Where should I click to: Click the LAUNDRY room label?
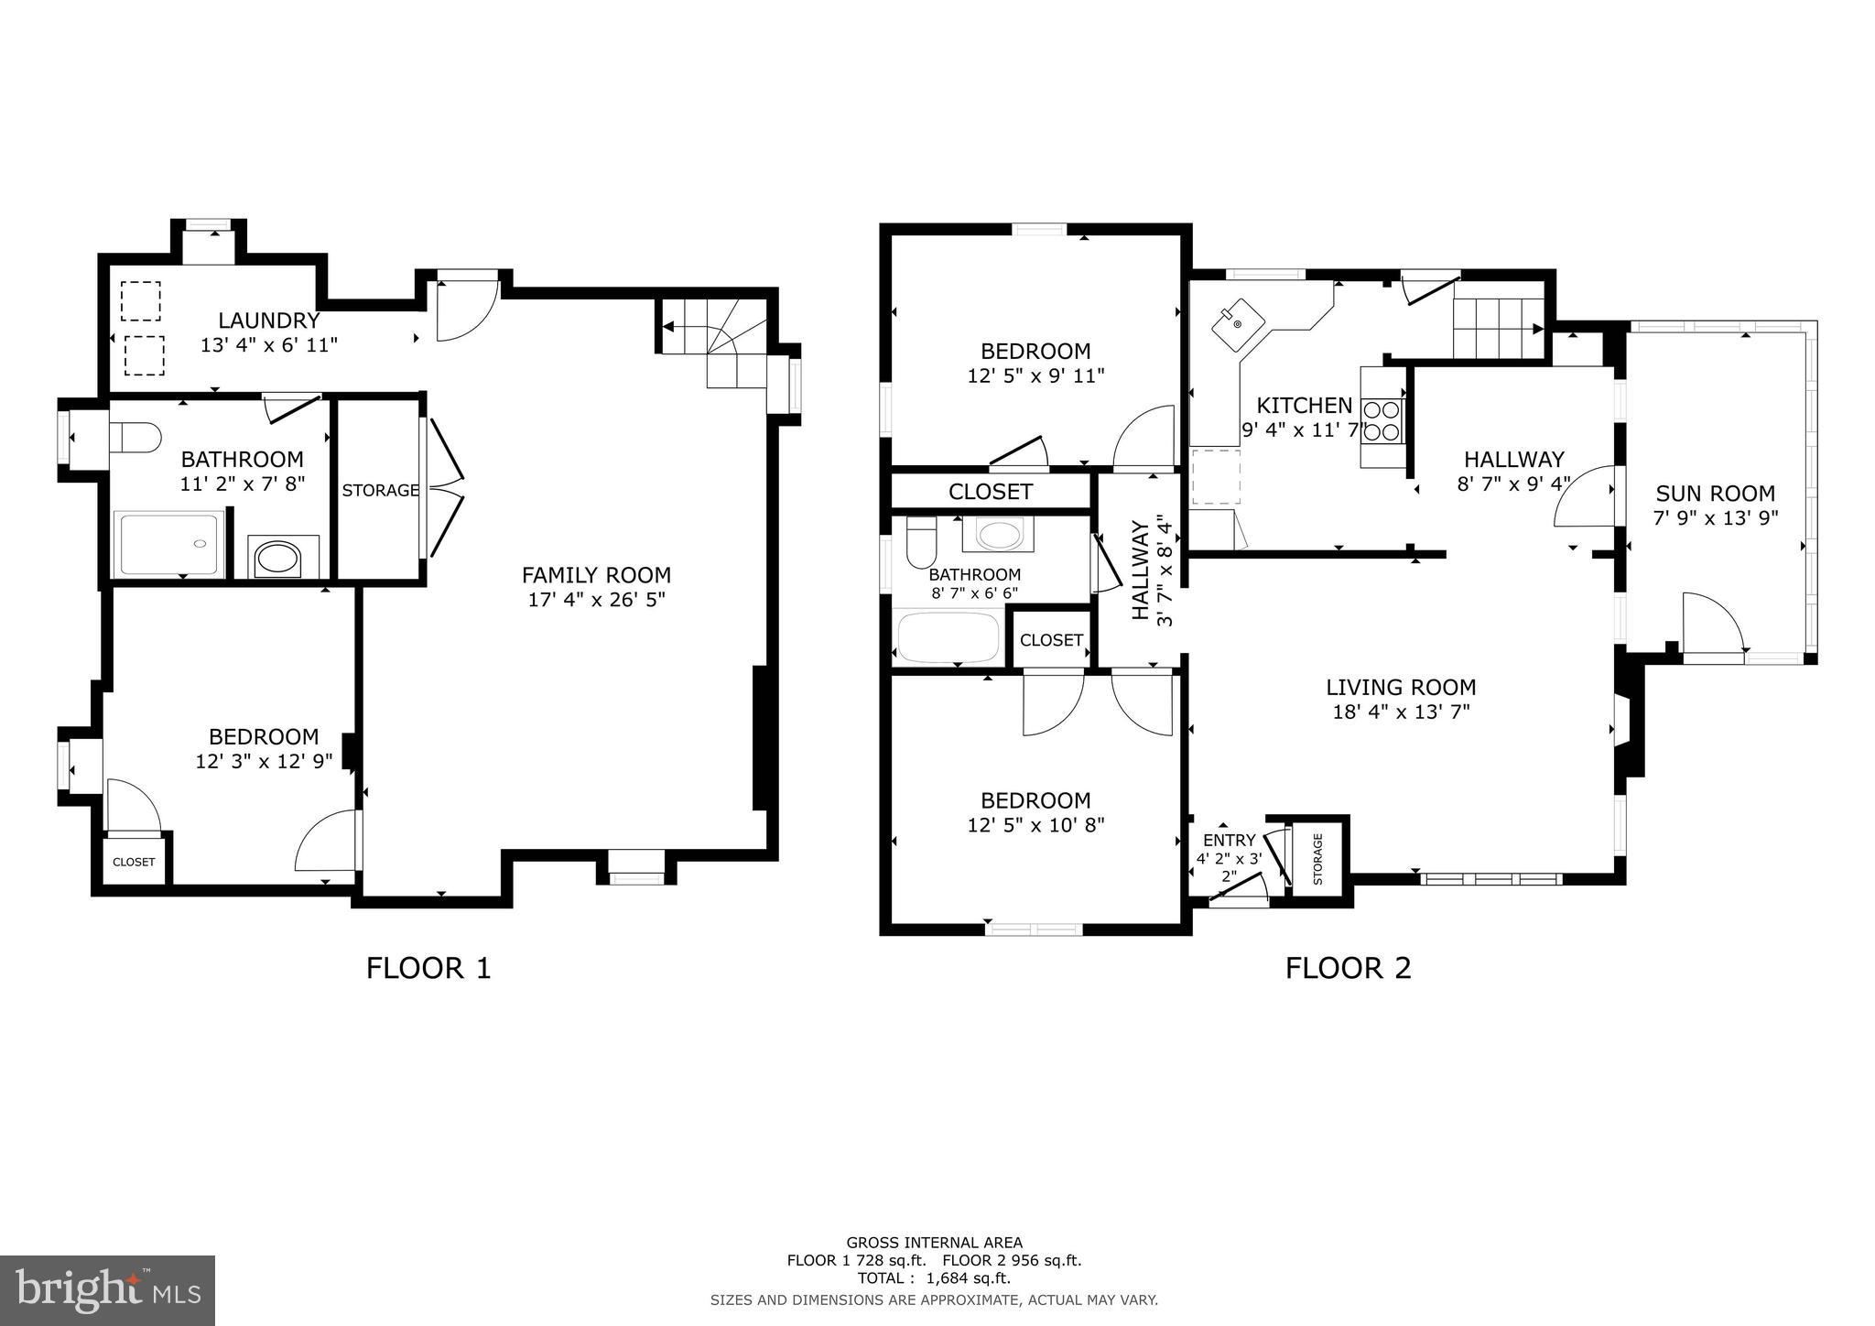pos(268,321)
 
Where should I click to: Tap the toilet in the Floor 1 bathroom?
pos(134,437)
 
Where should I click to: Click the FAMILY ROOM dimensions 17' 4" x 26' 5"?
pos(596,601)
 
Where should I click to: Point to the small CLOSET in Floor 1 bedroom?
pos(134,862)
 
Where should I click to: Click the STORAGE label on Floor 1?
pos(380,491)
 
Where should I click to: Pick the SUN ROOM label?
pos(1715,494)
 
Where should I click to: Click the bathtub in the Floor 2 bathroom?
pos(948,637)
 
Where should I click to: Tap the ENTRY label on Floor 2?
pos(1229,841)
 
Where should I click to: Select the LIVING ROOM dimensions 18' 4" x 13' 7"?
pos(1401,712)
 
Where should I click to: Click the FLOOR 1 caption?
pos(428,968)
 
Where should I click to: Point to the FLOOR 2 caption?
pos(1348,968)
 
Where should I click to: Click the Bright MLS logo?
pos(107,1291)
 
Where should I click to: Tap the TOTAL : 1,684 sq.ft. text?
pos(934,1278)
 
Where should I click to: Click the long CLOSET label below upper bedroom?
pos(990,492)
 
